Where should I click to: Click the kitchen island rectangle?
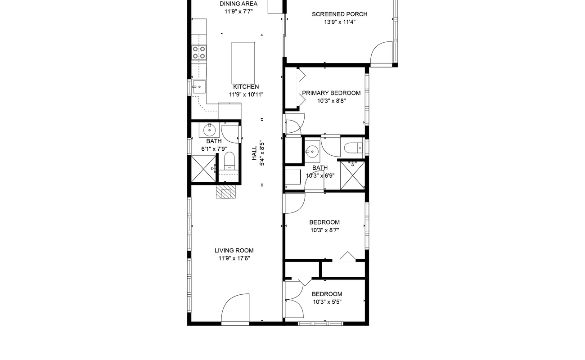pos(243,63)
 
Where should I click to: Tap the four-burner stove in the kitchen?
pos(199,52)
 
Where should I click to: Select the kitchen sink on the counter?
pos(199,87)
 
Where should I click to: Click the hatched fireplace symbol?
pos(226,192)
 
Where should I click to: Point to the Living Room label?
pos(234,251)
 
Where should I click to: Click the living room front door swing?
pos(235,308)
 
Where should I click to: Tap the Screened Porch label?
pos(339,14)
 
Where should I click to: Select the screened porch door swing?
pos(382,52)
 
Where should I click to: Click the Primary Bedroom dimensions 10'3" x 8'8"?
pos(331,101)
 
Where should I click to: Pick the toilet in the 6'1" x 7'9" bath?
pos(229,161)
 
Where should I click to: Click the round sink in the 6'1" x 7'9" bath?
pos(209,130)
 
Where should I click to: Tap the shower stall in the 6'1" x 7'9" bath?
pos(203,169)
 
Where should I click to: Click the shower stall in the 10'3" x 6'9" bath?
pos(352,175)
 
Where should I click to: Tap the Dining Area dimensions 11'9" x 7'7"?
pos(238,12)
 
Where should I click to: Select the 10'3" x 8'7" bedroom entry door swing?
pos(295,203)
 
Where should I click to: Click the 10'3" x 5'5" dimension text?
pos(327,302)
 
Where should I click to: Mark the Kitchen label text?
pos(246,87)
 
